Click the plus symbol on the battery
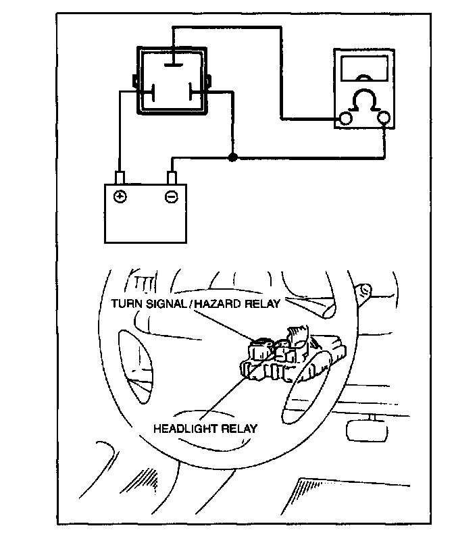pyautogui.click(x=120, y=197)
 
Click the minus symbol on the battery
pyautogui.click(x=171, y=197)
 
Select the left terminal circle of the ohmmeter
pyautogui.click(x=346, y=120)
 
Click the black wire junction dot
pyautogui.click(x=232, y=158)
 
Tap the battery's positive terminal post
pyautogui.click(x=120, y=178)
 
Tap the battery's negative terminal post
pyautogui.click(x=172, y=178)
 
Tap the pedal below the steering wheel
pyautogui.click(x=365, y=429)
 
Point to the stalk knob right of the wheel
pyautogui.click(x=365, y=290)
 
